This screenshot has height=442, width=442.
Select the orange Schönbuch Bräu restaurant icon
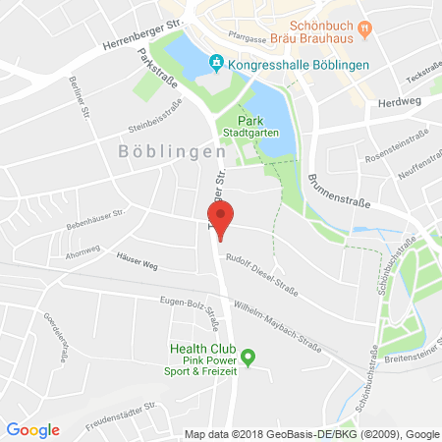point(365,28)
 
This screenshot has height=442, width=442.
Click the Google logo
point(32,429)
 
